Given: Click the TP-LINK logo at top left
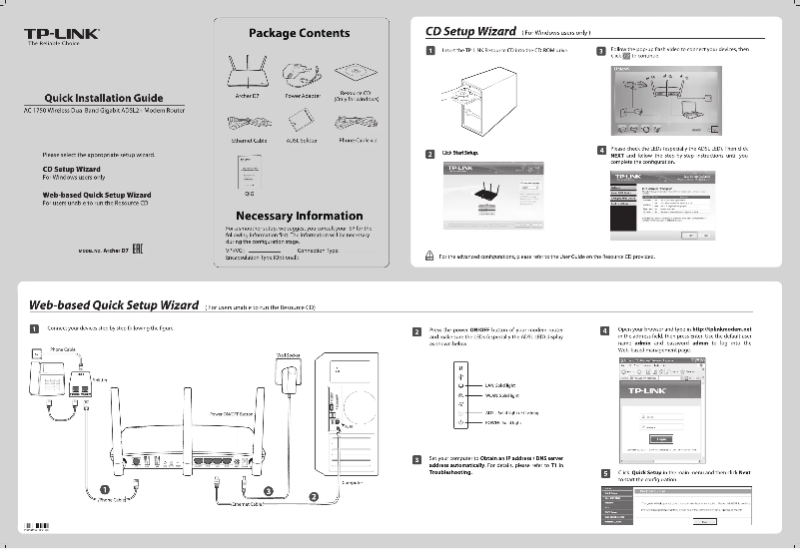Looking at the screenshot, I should click(62, 36).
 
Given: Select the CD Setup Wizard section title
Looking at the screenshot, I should click(469, 30).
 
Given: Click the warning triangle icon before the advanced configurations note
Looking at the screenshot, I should click(429, 256).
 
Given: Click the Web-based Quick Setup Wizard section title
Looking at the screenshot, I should click(113, 304).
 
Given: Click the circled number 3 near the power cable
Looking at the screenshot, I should click(269, 490).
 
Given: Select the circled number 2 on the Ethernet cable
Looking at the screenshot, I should click(314, 496).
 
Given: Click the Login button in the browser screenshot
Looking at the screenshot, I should click(659, 437).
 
